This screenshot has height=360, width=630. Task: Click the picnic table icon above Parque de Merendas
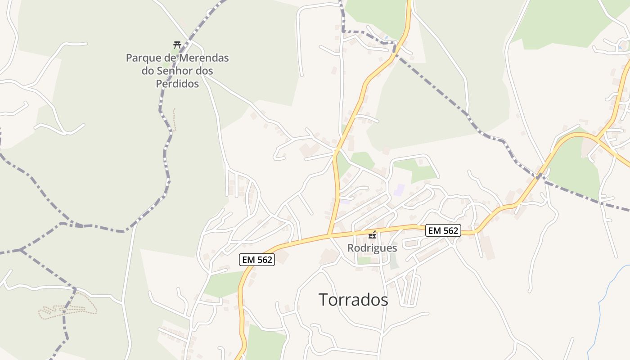click(177, 45)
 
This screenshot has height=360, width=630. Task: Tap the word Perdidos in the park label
click(177, 84)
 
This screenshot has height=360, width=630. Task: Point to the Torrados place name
click(353, 300)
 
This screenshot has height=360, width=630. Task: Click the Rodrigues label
click(372, 248)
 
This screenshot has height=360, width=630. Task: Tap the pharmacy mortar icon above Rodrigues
click(372, 234)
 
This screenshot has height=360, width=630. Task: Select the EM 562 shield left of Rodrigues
click(257, 260)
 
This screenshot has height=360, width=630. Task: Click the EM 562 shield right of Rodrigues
click(443, 231)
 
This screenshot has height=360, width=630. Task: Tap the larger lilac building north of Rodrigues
click(399, 190)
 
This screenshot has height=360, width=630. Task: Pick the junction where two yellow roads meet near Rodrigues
click(329, 235)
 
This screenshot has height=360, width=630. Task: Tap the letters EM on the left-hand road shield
click(249, 260)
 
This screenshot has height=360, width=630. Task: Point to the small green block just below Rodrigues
click(364, 260)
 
